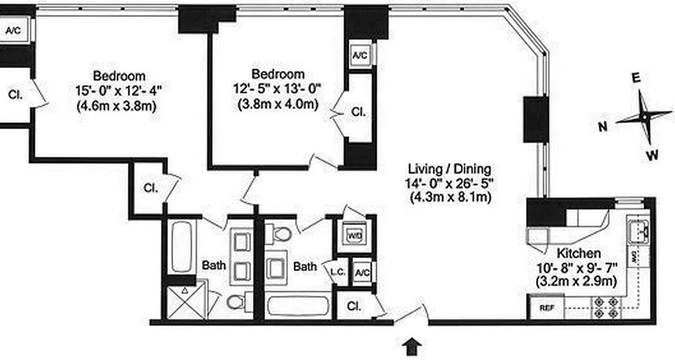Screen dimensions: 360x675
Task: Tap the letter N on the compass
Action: point(603,127)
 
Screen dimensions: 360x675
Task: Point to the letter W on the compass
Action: point(652,156)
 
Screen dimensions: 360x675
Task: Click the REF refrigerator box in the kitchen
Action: point(547,308)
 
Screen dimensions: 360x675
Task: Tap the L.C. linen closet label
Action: point(337,272)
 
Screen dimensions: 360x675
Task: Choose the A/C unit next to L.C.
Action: point(362,272)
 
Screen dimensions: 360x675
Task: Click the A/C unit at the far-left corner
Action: point(14,31)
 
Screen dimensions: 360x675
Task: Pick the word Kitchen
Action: point(578,253)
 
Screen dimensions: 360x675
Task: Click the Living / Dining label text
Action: point(449,169)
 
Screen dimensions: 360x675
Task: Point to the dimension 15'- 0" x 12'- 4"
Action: point(118,90)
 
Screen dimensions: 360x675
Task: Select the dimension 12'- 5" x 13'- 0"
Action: point(278,89)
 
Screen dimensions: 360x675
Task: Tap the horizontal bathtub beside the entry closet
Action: point(298,306)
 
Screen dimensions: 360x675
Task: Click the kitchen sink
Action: point(638,229)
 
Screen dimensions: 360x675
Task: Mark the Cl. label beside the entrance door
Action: point(355,306)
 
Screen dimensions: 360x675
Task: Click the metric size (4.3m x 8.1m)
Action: point(450,197)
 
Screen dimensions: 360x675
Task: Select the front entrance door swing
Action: point(410,315)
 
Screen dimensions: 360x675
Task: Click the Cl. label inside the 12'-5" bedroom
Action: point(358,112)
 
